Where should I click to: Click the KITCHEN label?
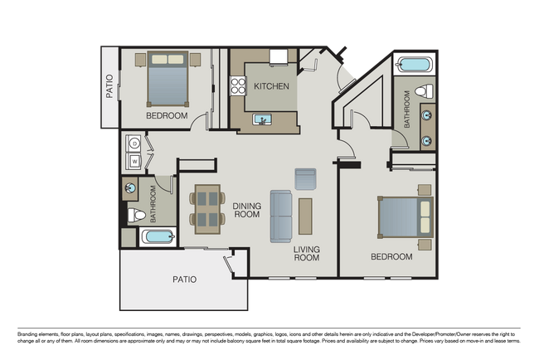271,86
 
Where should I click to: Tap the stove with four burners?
238,85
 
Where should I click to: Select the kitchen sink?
264,121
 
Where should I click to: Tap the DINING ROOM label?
246,210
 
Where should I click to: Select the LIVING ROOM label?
306,253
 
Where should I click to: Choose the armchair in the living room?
305,178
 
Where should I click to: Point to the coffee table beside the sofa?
305,216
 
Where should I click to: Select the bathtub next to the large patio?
158,237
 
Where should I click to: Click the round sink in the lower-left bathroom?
131,188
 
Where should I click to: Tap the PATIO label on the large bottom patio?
184,280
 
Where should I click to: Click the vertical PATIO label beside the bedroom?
109,88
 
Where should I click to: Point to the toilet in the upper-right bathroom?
423,90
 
